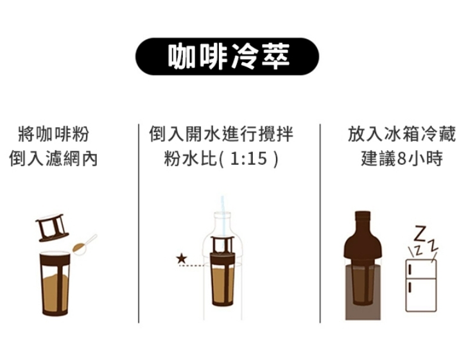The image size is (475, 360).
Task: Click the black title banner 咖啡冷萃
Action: tap(227, 56)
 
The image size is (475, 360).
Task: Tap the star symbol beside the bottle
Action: tap(182, 259)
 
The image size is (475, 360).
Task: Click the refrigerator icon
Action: tap(421, 285)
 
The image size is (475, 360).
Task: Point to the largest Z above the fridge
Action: tap(420, 233)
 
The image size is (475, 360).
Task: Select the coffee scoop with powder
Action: tap(85, 244)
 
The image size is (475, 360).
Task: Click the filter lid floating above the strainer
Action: tap(52, 227)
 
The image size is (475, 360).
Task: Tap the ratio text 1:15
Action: tap(248, 158)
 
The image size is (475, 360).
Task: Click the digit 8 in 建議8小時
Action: tap(401, 159)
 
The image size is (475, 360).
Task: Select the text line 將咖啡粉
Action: tap(54, 134)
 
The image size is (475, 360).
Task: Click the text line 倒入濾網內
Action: tap(54, 159)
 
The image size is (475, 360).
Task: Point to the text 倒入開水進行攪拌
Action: tap(221, 134)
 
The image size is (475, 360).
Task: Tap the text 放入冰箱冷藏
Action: tap(401, 134)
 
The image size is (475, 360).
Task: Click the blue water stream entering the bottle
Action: tap(223, 216)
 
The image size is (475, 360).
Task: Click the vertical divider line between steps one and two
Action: tap(139, 223)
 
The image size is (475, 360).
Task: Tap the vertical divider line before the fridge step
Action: tap(320, 223)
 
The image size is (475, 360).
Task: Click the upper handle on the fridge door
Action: tap(410, 269)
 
